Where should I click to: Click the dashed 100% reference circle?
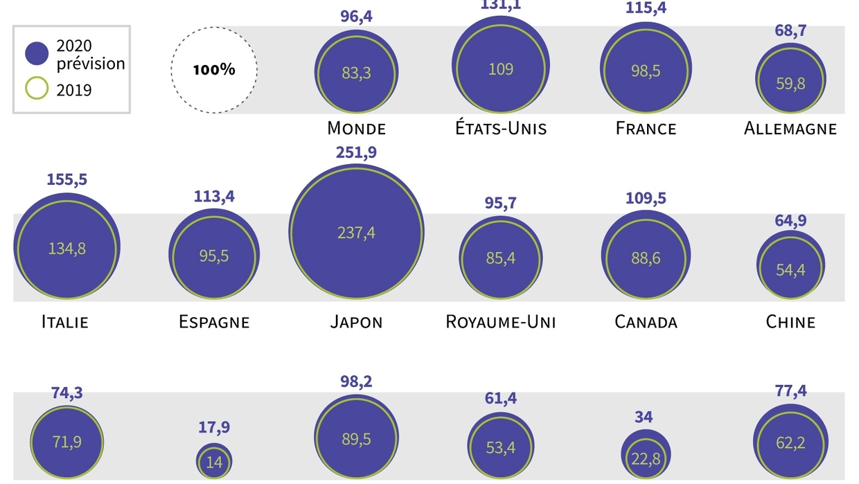(214, 69)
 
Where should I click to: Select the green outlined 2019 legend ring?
(37, 89)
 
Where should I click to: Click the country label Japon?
(355, 322)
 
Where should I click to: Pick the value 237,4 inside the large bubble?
(356, 233)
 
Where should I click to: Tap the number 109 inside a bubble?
(501, 69)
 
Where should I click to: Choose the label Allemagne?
(790, 128)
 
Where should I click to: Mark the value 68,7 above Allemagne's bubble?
(790, 31)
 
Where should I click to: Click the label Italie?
(65, 322)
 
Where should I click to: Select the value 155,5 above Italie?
(67, 179)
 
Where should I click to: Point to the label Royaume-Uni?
(501, 322)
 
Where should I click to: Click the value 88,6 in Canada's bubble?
(646, 258)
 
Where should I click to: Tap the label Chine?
(790, 322)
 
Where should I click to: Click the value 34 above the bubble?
(644, 418)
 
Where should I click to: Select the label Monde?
(356, 128)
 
